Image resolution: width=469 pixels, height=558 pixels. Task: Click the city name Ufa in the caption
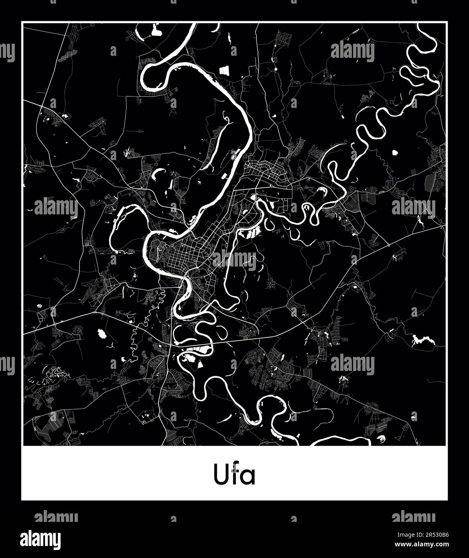click(x=234, y=475)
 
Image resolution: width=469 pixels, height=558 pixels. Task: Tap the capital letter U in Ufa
click(x=219, y=475)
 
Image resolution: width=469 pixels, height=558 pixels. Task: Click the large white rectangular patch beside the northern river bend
click(x=224, y=70)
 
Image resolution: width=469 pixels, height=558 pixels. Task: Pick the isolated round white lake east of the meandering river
click(x=394, y=153)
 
